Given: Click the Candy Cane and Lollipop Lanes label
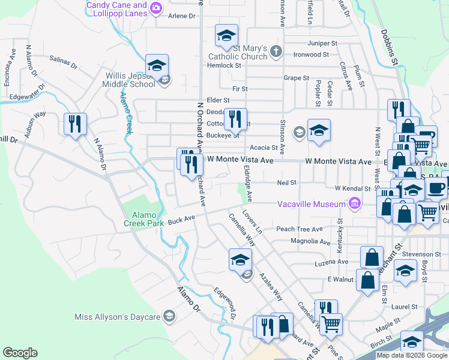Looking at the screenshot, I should coord(116,8).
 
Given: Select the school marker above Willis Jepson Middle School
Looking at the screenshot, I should coord(157,65).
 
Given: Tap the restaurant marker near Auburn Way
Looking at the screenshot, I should coord(76,124).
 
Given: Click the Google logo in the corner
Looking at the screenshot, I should coord(20,353).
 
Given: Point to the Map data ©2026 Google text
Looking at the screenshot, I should coord(412,355).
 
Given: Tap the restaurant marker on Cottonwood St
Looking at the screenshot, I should coord(235,119).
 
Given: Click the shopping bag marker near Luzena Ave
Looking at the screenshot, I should coord(372,257).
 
